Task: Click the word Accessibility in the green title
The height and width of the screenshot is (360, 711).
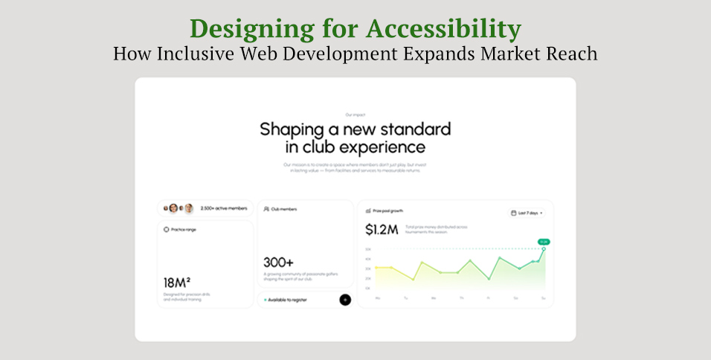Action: pos(443,29)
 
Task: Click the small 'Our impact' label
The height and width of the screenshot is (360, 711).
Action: pos(355,115)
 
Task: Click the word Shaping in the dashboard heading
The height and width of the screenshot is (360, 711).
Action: pos(300,129)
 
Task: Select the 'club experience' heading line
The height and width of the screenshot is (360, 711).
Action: pos(355,147)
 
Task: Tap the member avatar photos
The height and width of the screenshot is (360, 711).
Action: pos(178,208)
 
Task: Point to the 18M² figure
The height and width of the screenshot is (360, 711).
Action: pos(176,283)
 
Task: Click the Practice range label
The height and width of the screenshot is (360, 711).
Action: pos(183,230)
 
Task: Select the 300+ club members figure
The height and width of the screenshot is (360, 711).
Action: pos(279,263)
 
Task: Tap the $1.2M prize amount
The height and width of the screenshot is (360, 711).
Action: pos(382,230)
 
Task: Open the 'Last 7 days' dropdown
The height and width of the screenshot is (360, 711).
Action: pos(527,213)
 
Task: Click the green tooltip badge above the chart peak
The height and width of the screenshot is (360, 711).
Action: pos(544,242)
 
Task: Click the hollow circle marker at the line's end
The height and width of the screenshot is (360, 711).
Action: pos(544,249)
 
